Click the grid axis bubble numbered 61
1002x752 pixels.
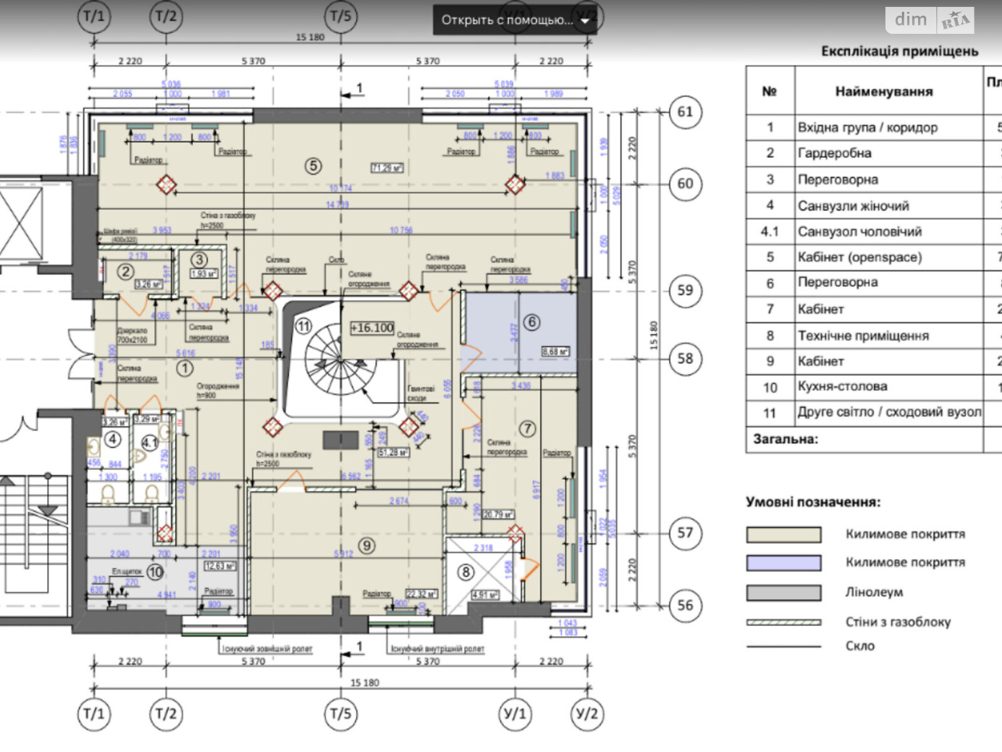pyautogui.click(x=685, y=112)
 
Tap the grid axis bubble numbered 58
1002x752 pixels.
pyautogui.click(x=685, y=358)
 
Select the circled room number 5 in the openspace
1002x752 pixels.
pyautogui.click(x=313, y=166)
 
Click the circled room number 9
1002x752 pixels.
pyautogui.click(x=367, y=545)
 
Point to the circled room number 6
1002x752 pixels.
pyautogui.click(x=532, y=323)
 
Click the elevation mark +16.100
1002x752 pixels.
pyautogui.click(x=372, y=328)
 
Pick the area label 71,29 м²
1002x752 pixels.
pyautogui.click(x=387, y=168)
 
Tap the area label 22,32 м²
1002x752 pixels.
pyautogui.click(x=421, y=593)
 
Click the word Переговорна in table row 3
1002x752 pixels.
pyautogui.click(x=837, y=180)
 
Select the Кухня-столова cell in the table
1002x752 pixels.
pyautogui.click(x=842, y=387)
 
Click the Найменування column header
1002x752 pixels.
pyautogui.click(x=884, y=91)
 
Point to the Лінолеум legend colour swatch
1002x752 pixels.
pyautogui.click(x=783, y=592)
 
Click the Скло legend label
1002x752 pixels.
pyautogui.click(x=860, y=646)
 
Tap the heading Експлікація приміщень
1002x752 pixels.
pyautogui.click(x=899, y=51)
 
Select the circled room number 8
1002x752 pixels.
pyautogui.click(x=465, y=572)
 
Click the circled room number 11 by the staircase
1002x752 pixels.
pyautogui.click(x=304, y=326)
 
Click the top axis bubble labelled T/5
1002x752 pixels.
pyautogui.click(x=341, y=16)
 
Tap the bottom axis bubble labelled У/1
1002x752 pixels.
pyautogui.click(x=515, y=714)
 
